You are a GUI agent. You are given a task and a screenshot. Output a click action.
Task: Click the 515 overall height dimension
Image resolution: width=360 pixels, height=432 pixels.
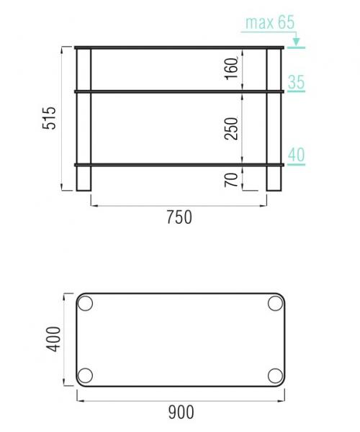point(49,118)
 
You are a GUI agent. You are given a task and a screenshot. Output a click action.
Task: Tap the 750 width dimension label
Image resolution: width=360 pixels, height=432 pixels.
point(179,217)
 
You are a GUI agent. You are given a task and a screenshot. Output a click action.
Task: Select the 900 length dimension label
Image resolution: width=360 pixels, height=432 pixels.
point(181,412)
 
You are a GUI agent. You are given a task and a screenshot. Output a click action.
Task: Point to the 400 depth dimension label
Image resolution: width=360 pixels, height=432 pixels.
point(53,339)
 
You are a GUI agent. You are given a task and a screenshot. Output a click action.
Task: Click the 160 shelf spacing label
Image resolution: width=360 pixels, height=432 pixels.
point(231,68)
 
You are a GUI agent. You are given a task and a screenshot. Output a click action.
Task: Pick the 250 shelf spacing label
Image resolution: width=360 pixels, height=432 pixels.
point(231,129)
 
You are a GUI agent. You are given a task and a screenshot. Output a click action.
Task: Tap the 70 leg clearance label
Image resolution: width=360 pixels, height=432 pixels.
point(231,180)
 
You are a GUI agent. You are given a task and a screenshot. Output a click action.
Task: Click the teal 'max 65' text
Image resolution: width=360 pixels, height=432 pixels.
point(270,22)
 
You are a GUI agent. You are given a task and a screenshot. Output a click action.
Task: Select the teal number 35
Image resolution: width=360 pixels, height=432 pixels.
point(297,82)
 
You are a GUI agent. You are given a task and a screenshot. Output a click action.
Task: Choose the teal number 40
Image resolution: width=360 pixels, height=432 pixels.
point(297,155)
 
